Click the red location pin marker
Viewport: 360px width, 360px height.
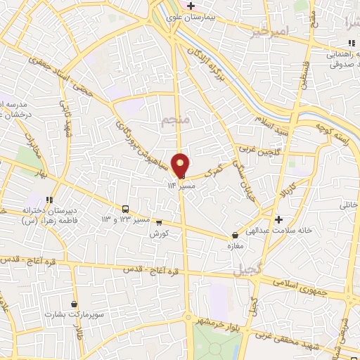tap(181, 164)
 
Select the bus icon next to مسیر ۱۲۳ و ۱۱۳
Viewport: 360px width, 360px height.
tap(126, 209)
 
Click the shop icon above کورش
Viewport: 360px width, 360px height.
tap(159, 223)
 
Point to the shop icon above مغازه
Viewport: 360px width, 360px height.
tap(236, 236)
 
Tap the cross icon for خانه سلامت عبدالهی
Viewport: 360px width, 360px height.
tap(281, 219)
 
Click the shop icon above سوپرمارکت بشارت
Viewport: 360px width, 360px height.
tap(74, 304)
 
